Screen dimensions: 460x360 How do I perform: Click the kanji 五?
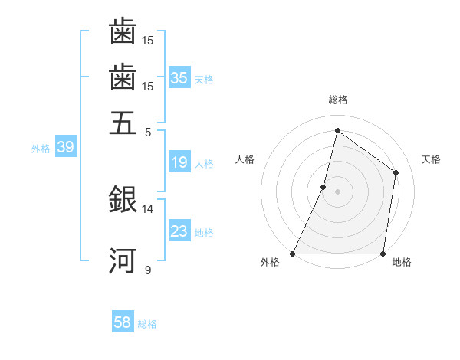pos(123,123)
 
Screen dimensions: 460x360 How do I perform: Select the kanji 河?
pos(123,260)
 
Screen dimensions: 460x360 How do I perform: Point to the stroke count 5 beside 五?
pos(149,132)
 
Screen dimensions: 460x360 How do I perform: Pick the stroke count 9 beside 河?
pos(148,270)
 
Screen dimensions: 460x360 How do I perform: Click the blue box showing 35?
pos(179,77)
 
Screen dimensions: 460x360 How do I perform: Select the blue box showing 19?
pos(179,162)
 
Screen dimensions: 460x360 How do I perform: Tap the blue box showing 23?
pos(179,231)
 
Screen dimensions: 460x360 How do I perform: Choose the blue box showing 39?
pos(65,148)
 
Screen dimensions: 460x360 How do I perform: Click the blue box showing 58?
pos(123,322)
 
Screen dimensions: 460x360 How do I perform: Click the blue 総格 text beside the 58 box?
pos(148,324)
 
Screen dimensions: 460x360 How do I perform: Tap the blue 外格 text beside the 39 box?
pos(41,149)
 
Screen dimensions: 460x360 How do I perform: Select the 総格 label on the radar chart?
pos(337,100)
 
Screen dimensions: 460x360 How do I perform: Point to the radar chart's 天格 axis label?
pos(431,159)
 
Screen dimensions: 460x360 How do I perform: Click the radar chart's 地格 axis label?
pos(402,263)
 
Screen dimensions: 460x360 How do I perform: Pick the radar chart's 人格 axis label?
pos(245,159)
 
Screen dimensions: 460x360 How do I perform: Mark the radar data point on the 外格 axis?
pos(293,254)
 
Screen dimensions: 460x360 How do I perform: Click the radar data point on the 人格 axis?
pos(324,186)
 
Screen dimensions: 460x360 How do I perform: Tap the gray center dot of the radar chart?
pos(337,191)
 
